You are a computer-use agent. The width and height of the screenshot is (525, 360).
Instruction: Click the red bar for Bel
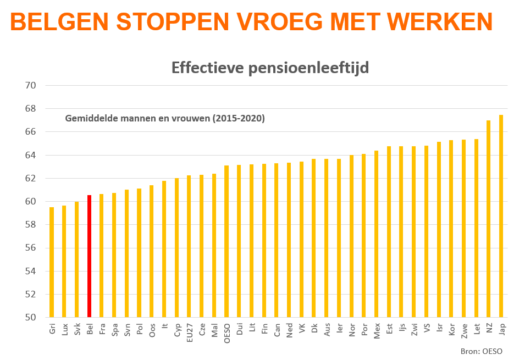click(89, 256)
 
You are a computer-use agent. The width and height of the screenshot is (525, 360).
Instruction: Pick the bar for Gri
click(52, 262)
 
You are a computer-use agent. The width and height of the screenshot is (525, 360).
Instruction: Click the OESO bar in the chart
click(226, 241)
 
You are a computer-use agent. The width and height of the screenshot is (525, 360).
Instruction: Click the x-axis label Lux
click(64, 330)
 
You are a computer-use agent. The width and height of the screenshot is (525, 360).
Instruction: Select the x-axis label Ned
click(289, 330)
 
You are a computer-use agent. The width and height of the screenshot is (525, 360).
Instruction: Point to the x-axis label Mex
click(377, 330)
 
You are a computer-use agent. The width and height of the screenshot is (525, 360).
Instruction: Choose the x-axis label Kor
click(451, 330)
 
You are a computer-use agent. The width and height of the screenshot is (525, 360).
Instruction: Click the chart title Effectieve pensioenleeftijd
click(270, 68)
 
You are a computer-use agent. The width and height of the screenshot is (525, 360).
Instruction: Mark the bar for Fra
click(102, 256)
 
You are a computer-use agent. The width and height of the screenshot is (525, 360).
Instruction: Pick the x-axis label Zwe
click(464, 330)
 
